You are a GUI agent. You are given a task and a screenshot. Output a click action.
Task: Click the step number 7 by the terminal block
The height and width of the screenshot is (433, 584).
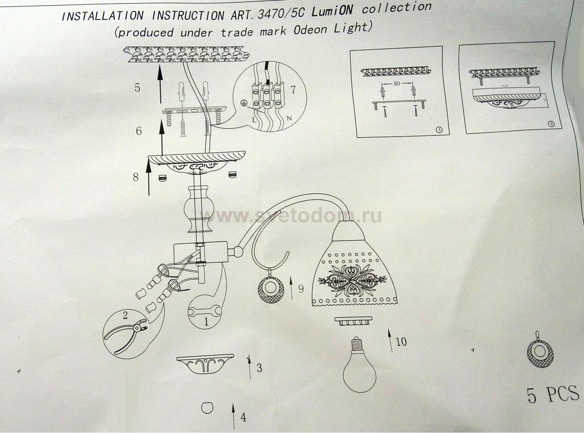pyautogui.click(x=293, y=90)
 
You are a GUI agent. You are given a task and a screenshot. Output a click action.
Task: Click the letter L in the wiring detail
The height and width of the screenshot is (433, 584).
pyautogui.click(x=254, y=120)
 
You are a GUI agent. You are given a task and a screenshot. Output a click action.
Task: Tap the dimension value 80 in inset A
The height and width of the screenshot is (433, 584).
pyautogui.click(x=397, y=83)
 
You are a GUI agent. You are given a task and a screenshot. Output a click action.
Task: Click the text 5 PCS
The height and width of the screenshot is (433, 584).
pyautogui.click(x=553, y=394)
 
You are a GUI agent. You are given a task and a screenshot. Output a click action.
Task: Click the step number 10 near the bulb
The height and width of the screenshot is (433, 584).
pyautogui.click(x=401, y=341)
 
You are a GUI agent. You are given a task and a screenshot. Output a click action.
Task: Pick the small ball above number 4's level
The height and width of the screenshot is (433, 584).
pyautogui.click(x=207, y=408)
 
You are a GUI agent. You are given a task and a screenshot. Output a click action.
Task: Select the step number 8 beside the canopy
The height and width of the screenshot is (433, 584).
pyautogui.click(x=135, y=177)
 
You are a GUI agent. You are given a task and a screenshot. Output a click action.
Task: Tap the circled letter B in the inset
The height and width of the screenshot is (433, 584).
pyautogui.click(x=551, y=124)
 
